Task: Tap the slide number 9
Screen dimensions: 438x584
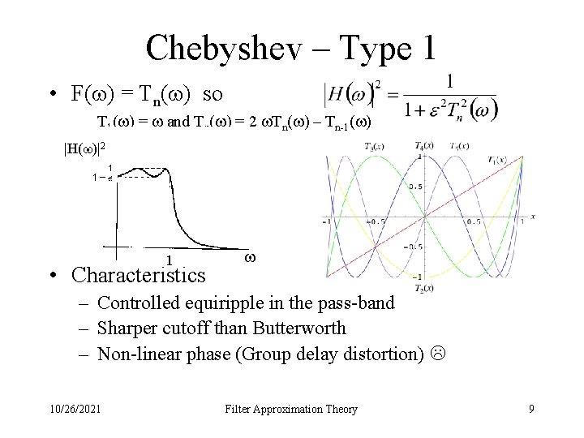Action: [531, 409]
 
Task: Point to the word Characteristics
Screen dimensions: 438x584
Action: [139, 275]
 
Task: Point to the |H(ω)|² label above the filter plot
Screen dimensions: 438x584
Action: [84, 148]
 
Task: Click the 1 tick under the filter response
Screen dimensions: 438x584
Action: [168, 260]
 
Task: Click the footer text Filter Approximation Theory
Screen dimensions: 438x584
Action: [291, 409]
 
